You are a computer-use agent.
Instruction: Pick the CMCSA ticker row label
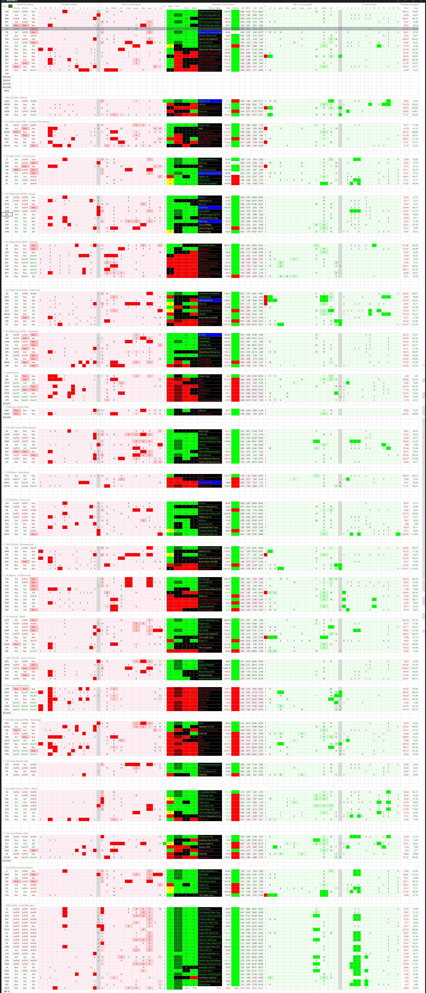click(x=7, y=146)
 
